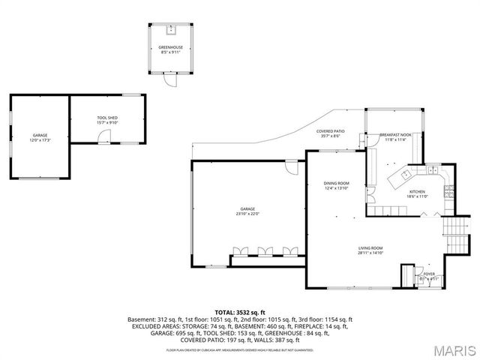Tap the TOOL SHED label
[x=107, y=118]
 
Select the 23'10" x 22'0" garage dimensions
[x=247, y=214]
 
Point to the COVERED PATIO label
[x=329, y=131]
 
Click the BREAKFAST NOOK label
[x=394, y=134]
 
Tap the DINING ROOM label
[x=337, y=183]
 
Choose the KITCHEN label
[x=417, y=191]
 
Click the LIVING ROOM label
[x=370, y=248]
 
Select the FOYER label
[x=429, y=274]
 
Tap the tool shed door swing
[x=98, y=136]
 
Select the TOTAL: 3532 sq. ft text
[x=240, y=311]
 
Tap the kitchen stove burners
[x=445, y=178]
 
